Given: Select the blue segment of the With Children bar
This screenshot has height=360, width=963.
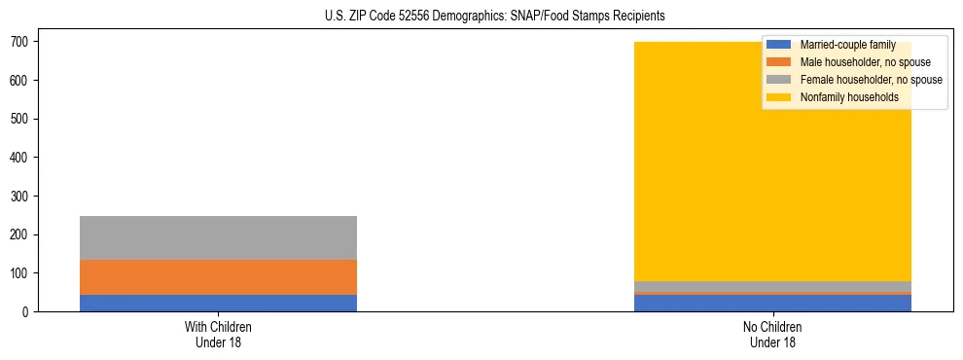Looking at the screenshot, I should tap(218, 303).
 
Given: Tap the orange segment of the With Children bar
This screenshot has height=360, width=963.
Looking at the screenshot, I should tap(218, 277).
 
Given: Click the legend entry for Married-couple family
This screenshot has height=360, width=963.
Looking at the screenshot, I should tap(847, 45).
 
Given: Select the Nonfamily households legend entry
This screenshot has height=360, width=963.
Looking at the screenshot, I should tap(849, 97).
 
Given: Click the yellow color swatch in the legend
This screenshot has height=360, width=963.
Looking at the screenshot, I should tap(779, 97).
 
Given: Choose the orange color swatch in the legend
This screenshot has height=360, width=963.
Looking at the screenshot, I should tap(779, 62).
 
